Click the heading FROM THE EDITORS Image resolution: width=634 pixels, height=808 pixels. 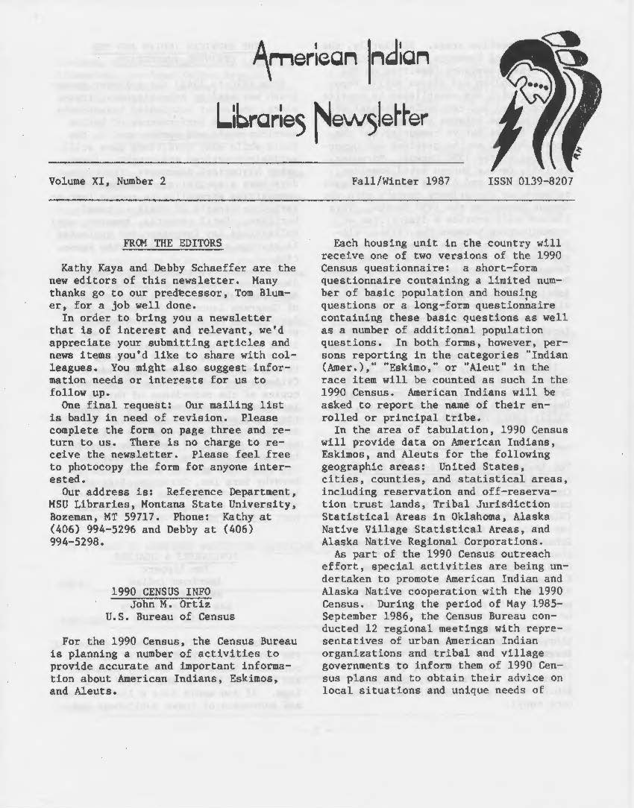click(x=172, y=243)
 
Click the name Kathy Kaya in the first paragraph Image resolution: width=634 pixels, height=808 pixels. click(x=93, y=268)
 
